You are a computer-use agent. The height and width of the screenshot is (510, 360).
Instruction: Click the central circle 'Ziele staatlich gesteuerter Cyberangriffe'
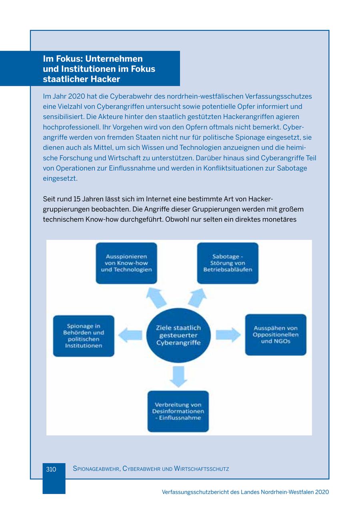coord(178,335)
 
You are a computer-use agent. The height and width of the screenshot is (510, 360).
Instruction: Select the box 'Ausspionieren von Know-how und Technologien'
coord(126,263)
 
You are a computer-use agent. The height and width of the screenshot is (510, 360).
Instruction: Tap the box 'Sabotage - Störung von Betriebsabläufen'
coord(228,263)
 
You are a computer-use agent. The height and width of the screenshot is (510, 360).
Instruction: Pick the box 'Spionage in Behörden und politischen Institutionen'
coord(84,336)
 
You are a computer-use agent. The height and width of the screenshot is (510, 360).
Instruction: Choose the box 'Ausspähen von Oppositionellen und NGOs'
coord(276,335)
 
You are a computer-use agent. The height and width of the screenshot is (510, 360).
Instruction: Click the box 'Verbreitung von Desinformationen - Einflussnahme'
coord(178,411)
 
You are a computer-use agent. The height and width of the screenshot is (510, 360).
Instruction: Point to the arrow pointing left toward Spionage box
coord(130,335)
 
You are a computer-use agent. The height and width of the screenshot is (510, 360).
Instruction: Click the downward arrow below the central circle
coord(178,376)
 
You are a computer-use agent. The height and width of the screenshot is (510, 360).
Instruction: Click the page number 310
coord(51,469)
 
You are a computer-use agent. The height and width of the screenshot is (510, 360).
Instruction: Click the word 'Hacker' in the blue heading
coord(105,79)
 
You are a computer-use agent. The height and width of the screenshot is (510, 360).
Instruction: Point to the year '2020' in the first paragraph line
coord(77,96)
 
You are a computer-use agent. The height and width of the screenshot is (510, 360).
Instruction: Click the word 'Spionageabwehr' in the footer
coord(96,469)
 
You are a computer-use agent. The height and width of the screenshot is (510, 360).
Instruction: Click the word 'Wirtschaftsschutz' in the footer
coord(201,469)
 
